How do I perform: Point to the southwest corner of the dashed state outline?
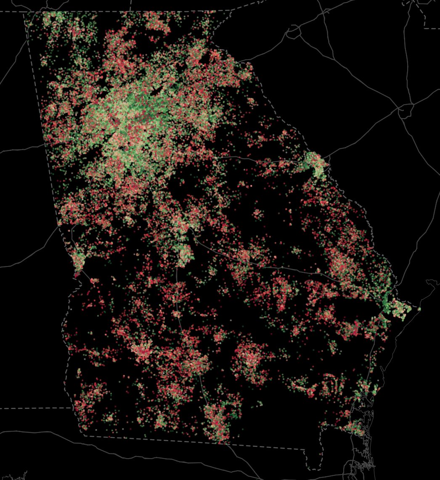coord(84,435)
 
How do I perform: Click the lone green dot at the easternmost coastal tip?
coord(419,309)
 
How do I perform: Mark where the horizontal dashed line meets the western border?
coord(72,407)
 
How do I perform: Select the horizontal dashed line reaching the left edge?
coord(34,408)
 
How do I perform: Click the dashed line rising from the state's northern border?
coord(130,6)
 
